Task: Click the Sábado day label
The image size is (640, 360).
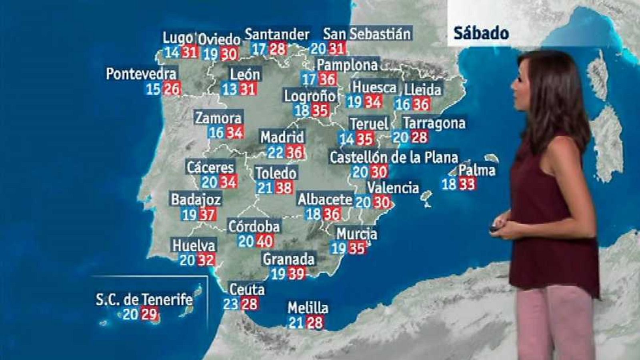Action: [481, 33]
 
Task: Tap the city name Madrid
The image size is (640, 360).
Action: [282, 138]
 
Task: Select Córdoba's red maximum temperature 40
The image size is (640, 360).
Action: [265, 241]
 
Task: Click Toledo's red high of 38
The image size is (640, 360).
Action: [284, 188]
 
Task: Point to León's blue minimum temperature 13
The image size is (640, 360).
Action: [230, 89]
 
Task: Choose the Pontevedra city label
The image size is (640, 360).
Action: [141, 74]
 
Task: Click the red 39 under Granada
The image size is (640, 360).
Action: [296, 274]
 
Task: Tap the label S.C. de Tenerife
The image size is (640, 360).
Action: [144, 300]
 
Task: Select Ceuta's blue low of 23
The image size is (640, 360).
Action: [231, 304]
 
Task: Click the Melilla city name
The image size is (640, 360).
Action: [308, 308]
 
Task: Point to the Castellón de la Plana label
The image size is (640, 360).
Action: [394, 157]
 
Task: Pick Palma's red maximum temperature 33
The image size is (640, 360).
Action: [467, 184]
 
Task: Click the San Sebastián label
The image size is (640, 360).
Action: [367, 34]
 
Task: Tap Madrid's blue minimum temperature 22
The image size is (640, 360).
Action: [276, 152]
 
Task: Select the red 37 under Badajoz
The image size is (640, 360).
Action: [207, 215]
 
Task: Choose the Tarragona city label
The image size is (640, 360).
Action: [434, 123]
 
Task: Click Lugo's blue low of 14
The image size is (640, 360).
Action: [172, 52]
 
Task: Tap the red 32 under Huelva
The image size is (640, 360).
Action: [206, 260]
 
